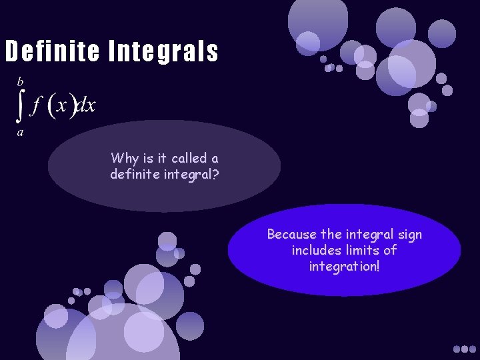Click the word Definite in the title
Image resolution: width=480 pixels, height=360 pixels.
[x=51, y=51]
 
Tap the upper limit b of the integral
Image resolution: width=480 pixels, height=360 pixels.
[x=20, y=81]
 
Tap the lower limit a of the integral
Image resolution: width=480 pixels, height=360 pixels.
[x=21, y=132]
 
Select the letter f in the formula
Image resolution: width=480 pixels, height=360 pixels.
[x=37, y=105]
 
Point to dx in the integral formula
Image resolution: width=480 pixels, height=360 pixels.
[x=86, y=105]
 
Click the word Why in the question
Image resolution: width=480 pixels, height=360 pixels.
[x=125, y=158]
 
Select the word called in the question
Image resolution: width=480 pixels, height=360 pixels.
[x=189, y=158]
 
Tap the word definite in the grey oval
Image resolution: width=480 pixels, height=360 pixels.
[x=135, y=175]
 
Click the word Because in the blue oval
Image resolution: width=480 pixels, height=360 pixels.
[x=292, y=234]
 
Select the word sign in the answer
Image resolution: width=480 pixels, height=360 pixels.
[x=408, y=234]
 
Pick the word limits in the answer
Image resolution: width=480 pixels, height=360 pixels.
[x=361, y=250]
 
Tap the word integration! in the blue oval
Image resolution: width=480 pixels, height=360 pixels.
[x=345, y=267]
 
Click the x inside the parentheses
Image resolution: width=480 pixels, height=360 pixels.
[x=62, y=106]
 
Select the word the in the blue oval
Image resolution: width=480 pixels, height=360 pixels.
[x=331, y=234]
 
